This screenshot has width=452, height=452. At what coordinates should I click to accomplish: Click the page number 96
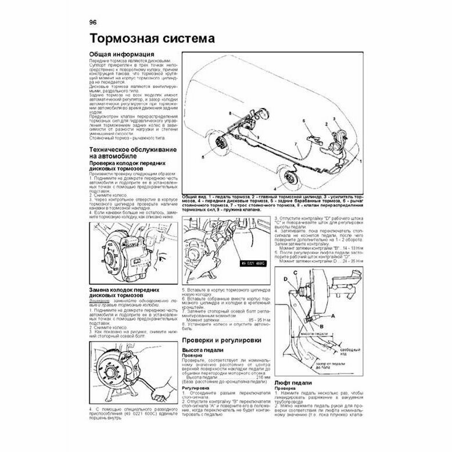pos(93,23)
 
